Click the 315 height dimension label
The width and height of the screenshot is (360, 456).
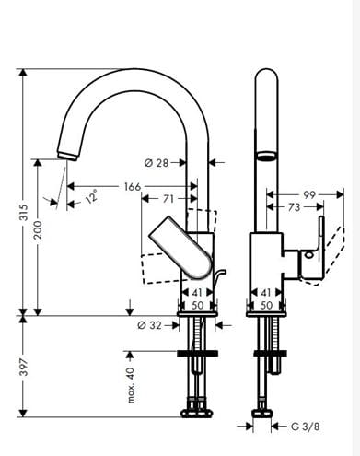point(24,213)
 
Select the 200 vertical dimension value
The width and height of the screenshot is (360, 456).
point(38,229)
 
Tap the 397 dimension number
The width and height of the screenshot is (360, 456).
point(24,367)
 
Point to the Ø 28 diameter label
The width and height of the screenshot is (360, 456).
point(157,163)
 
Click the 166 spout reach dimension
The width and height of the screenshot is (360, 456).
point(133,187)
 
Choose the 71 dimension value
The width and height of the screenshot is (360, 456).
point(168,199)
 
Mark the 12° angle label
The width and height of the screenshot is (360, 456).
point(92,196)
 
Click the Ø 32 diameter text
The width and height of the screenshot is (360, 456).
point(149,325)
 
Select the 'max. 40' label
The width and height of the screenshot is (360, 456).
point(131,385)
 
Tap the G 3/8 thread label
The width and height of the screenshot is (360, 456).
point(305,427)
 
